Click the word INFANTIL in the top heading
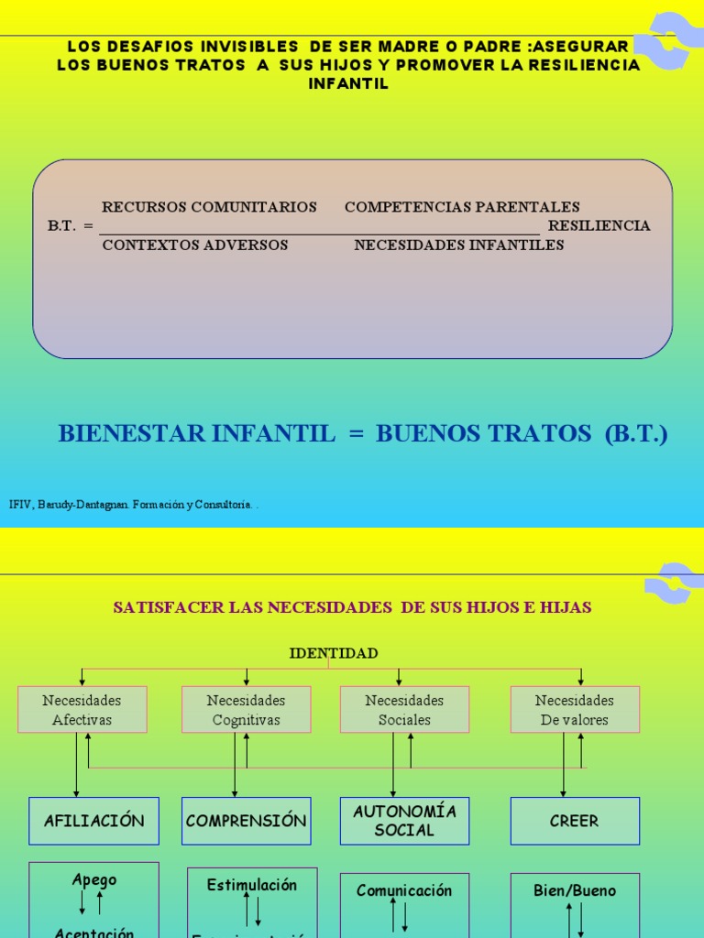click(x=348, y=83)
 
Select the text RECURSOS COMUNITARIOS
click(x=209, y=207)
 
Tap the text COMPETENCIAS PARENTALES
click(x=462, y=207)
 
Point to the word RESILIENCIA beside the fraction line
click(x=599, y=225)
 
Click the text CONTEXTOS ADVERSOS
click(x=195, y=245)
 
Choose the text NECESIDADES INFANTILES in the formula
click(x=459, y=245)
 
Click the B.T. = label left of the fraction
click(x=71, y=225)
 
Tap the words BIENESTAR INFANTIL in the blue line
click(x=197, y=433)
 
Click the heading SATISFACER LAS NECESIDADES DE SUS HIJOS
click(x=352, y=607)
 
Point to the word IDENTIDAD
click(x=334, y=653)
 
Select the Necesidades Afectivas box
click(x=82, y=710)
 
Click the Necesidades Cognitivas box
click(x=246, y=710)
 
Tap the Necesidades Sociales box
click(x=404, y=710)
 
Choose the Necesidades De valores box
click(x=575, y=710)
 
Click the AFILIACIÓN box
click(x=93, y=821)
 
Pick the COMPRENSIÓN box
click(x=246, y=821)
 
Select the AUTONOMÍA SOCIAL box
click(x=404, y=821)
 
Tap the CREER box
click(x=575, y=821)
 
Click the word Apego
click(x=94, y=880)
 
